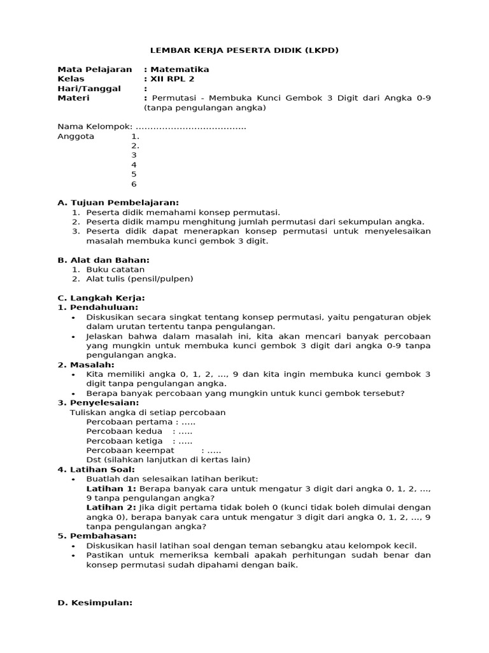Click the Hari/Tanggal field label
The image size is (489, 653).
click(89, 89)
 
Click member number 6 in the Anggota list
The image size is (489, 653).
click(134, 184)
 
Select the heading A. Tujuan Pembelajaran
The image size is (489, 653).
click(118, 203)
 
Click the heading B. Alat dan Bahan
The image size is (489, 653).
click(104, 260)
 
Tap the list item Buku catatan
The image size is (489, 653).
click(115, 269)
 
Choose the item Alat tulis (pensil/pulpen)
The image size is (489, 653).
click(139, 279)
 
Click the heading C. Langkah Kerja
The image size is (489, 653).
click(101, 298)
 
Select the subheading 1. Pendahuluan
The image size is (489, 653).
click(98, 307)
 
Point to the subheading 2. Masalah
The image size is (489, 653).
click(86, 365)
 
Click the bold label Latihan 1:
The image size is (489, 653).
click(111, 488)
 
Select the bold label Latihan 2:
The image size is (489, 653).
click(111, 508)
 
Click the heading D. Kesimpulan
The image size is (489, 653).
click(95, 603)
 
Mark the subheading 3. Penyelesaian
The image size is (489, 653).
click(98, 403)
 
